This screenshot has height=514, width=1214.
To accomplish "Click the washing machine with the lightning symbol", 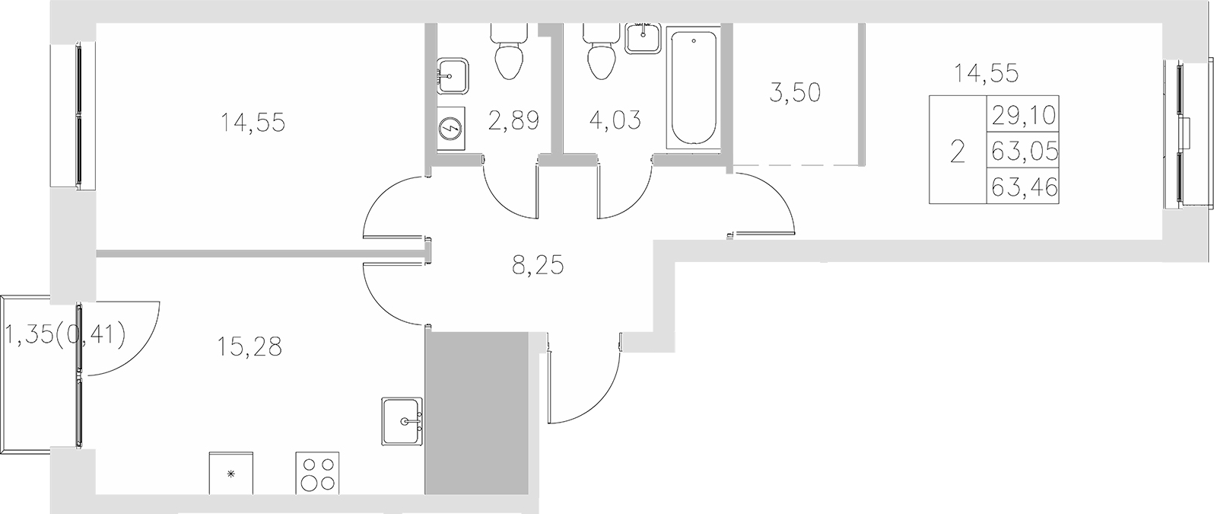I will click(451, 129).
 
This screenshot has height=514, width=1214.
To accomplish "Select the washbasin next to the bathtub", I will click(644, 36).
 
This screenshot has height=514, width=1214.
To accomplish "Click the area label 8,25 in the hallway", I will click(538, 267).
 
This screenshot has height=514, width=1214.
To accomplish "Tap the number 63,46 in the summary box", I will click(1024, 187).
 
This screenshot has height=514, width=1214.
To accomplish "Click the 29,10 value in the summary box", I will click(1024, 116).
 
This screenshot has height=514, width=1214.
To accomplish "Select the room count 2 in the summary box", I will click(957, 152).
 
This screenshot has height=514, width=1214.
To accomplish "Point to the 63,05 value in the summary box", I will click(1024, 152).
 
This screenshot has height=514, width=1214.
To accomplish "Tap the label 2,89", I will click(514, 120).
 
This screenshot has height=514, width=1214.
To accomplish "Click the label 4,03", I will click(615, 120).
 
